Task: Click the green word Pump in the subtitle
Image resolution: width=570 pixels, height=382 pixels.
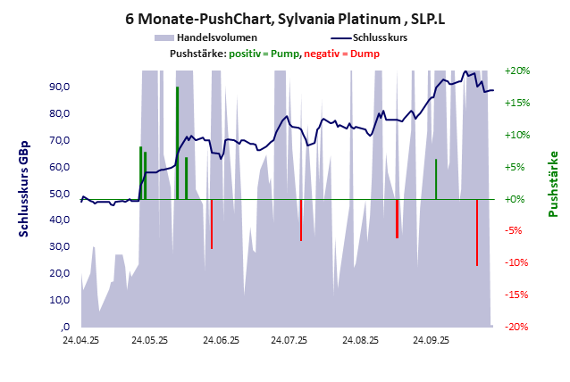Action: pyautogui.click(x=285, y=54)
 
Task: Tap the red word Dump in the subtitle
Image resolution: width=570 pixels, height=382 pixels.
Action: pyautogui.click(x=365, y=54)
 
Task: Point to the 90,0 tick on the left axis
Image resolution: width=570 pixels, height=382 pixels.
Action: pyautogui.click(x=60, y=87)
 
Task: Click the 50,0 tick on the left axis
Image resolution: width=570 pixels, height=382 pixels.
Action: pyautogui.click(x=60, y=194)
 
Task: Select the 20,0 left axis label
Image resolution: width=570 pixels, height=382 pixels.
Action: pyautogui.click(x=60, y=273)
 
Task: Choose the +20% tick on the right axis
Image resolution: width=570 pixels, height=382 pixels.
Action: pyautogui.click(x=517, y=71)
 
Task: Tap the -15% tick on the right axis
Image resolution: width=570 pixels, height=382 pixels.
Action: pyautogui.click(x=517, y=295)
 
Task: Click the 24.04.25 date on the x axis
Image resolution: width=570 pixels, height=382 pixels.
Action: pyautogui.click(x=80, y=340)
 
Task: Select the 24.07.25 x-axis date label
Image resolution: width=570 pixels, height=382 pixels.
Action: pyautogui.click(x=289, y=340)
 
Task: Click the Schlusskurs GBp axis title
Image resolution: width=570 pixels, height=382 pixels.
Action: pyautogui.click(x=24, y=188)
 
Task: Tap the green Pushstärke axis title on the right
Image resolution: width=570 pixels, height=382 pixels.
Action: pyautogui.click(x=552, y=183)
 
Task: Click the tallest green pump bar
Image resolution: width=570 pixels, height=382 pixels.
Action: pyautogui.click(x=177, y=143)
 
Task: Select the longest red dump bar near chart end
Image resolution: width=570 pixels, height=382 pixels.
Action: pyautogui.click(x=477, y=232)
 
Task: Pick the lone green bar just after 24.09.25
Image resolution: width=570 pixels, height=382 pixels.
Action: pyautogui.click(x=436, y=179)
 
